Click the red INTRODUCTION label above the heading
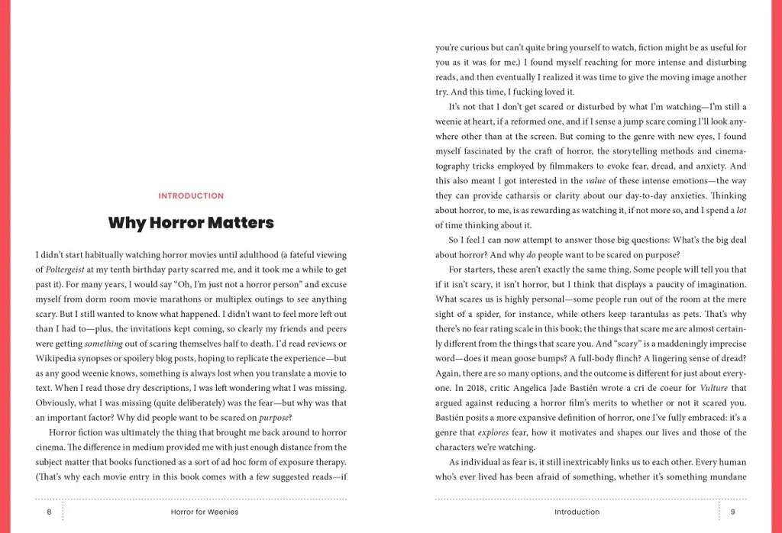(x=191, y=196)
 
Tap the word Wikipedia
(x=61, y=359)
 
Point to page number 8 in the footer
(x=49, y=512)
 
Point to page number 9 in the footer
(x=732, y=512)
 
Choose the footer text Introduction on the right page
(x=577, y=512)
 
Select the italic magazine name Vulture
(x=713, y=388)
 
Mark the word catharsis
(x=518, y=195)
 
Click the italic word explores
(x=493, y=432)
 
